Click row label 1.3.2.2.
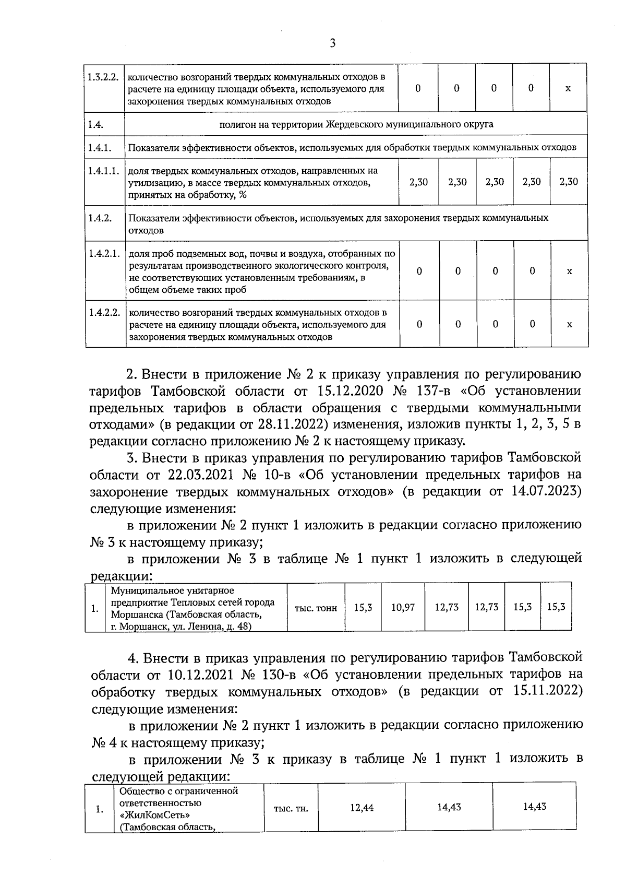103,76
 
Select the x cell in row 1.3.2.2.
568,88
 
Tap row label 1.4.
96,124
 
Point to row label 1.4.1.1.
103,171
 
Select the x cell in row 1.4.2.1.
569,271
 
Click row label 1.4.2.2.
104,312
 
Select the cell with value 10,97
403,607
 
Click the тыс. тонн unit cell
316,608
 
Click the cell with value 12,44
362,807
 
